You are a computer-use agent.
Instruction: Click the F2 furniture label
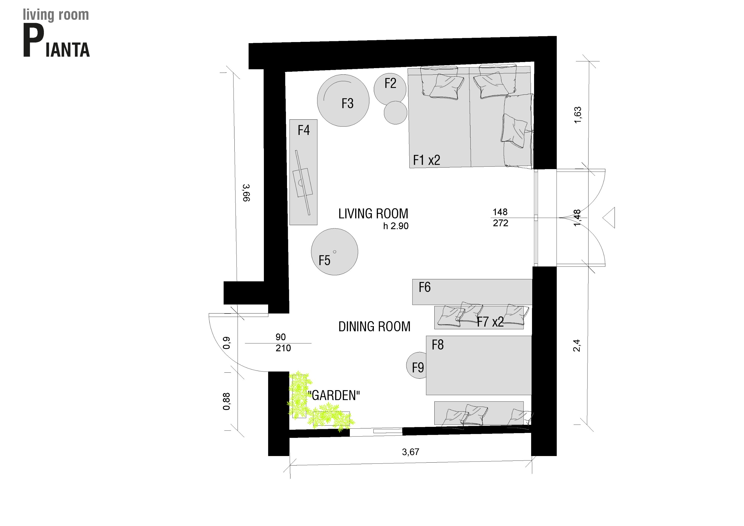pyautogui.click(x=390, y=83)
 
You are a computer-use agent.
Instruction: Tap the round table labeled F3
pyautogui.click(x=343, y=100)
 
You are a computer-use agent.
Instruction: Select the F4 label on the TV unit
pyautogui.click(x=304, y=130)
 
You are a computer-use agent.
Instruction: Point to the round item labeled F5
pyautogui.click(x=334, y=252)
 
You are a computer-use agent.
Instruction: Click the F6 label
pyautogui.click(x=425, y=287)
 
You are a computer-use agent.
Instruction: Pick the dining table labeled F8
pyautogui.click(x=479, y=365)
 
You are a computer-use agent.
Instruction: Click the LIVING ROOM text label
pyautogui.click(x=373, y=214)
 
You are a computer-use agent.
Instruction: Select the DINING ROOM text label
pyautogui.click(x=374, y=326)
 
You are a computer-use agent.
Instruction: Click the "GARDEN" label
pyautogui.click(x=334, y=396)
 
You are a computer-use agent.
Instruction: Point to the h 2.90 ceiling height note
pyautogui.click(x=396, y=226)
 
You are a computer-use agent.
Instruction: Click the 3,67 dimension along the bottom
pyautogui.click(x=411, y=452)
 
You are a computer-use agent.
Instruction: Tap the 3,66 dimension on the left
pyautogui.click(x=246, y=193)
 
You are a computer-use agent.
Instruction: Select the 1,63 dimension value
pyautogui.click(x=578, y=115)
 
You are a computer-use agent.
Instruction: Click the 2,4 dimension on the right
pyautogui.click(x=577, y=345)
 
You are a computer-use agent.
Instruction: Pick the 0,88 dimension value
pyautogui.click(x=227, y=402)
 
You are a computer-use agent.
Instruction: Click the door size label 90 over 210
pyautogui.click(x=283, y=343)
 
